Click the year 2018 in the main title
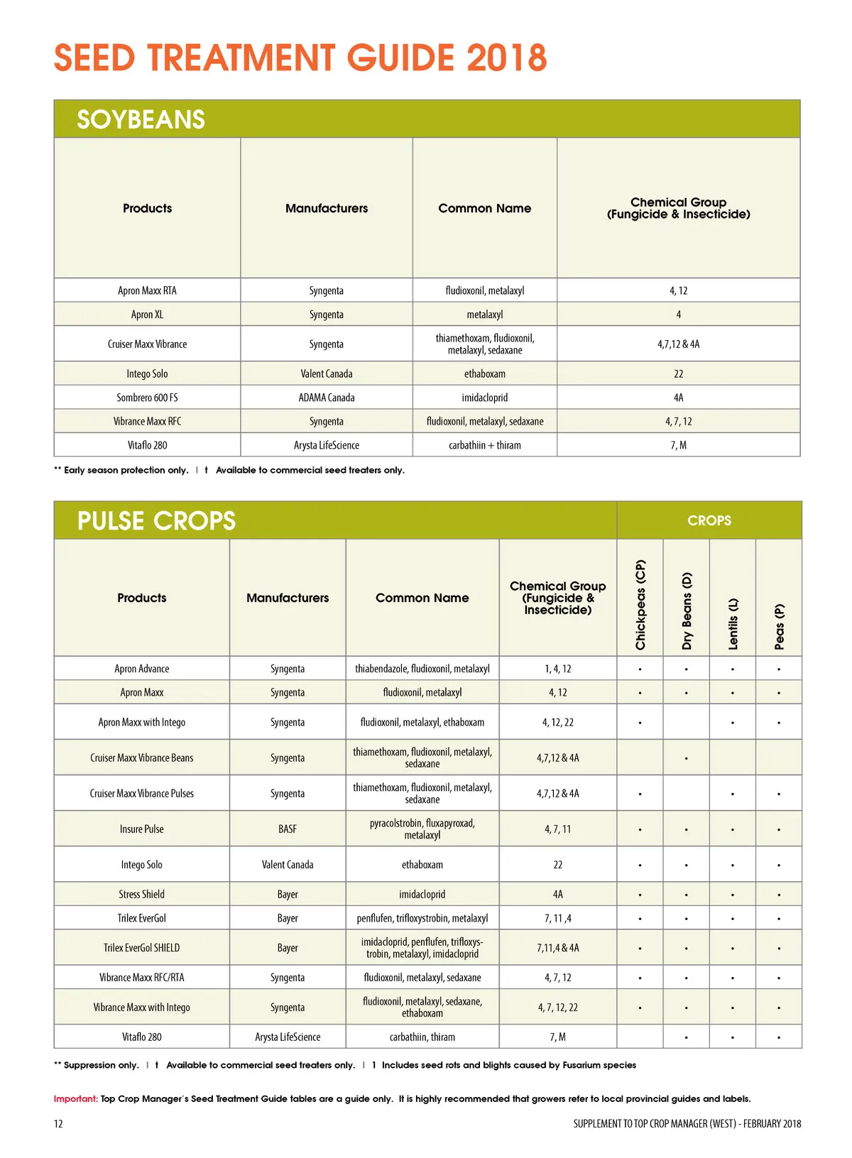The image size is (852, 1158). [507, 58]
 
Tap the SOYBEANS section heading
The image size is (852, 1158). [141, 119]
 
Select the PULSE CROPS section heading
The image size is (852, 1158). [156, 520]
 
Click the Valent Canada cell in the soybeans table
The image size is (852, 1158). [326, 373]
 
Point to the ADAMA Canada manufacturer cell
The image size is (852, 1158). [326, 398]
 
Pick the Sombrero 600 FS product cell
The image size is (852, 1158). [147, 398]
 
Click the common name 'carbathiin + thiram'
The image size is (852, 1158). [484, 445]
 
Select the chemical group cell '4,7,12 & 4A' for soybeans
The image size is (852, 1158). [678, 344]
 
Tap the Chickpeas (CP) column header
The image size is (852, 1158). [640, 604]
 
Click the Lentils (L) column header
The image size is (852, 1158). [733, 623]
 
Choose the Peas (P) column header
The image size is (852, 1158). [779, 626]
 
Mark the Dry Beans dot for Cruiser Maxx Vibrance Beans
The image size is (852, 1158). [686, 758]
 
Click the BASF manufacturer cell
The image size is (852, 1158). [288, 829]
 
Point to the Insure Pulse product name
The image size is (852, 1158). [141, 829]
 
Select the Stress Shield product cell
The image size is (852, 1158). [141, 895]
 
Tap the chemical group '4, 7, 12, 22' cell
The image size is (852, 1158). [557, 1007]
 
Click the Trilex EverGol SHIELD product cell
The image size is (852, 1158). [141, 948]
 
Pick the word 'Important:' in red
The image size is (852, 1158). [76, 1098]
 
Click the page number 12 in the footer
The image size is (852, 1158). [58, 1123]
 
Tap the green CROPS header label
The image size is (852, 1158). [709, 520]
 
